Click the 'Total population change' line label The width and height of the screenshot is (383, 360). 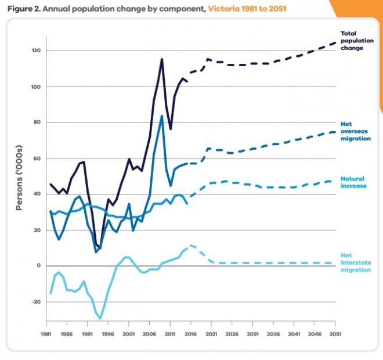352,41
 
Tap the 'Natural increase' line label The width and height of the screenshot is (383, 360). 352,183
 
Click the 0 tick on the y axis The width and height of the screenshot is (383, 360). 39,266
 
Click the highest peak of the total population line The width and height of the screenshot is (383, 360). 162,59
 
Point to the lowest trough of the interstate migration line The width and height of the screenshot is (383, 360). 100,318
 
